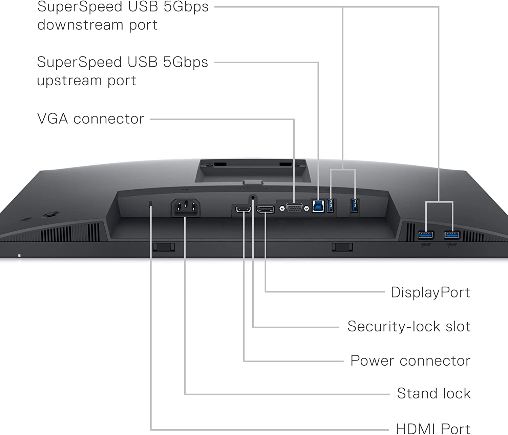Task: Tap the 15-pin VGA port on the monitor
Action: click(294, 208)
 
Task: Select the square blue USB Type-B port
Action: click(318, 206)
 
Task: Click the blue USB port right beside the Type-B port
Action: click(331, 206)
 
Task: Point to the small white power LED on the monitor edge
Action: click(19, 256)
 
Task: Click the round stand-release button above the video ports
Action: click(253, 197)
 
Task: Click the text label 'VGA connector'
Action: click(90, 119)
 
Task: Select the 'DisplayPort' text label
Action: click(430, 292)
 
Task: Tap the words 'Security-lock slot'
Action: click(409, 326)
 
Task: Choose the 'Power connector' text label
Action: click(410, 361)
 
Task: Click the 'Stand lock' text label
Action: click(433, 393)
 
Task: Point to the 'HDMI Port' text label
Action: click(433, 429)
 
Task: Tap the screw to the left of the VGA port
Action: click(282, 208)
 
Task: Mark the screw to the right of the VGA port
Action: click(306, 208)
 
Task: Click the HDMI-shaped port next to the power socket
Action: click(243, 210)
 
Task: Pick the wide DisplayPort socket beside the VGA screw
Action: click(265, 210)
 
